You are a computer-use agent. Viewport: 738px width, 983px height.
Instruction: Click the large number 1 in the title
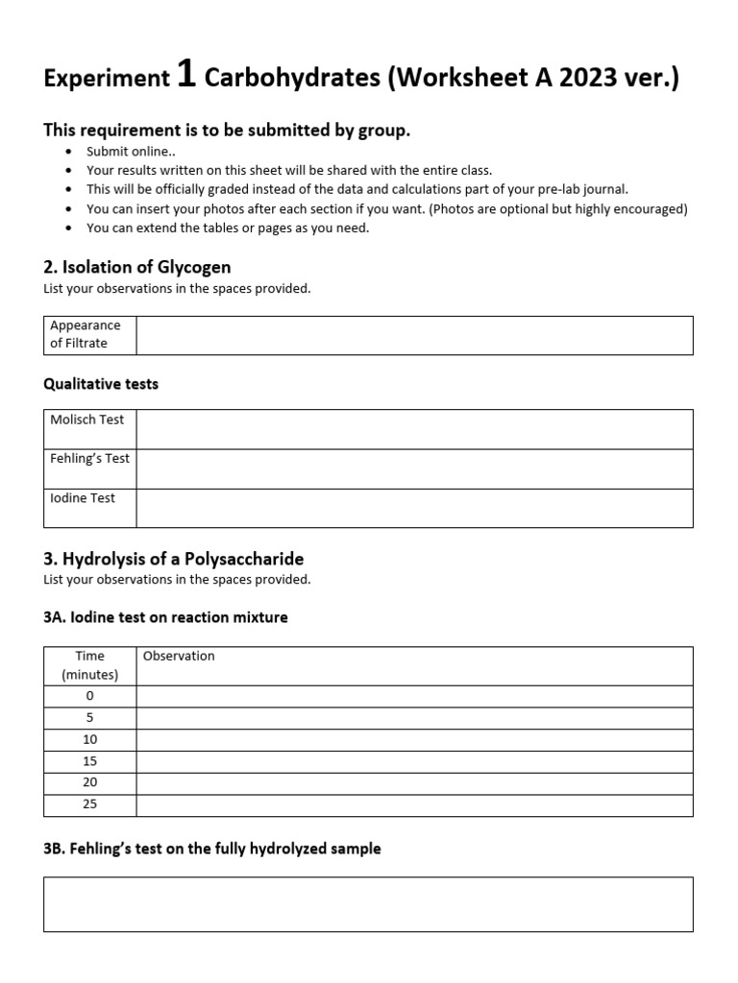coord(186,76)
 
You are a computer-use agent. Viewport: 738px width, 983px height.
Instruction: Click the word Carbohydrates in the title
coord(292,79)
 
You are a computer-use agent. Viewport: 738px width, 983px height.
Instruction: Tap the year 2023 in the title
coord(576,79)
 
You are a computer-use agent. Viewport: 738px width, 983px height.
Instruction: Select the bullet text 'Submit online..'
coord(131,152)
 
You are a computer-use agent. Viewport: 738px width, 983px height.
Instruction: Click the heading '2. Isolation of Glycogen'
coord(137,267)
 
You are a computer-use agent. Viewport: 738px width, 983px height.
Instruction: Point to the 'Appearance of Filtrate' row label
coord(86,334)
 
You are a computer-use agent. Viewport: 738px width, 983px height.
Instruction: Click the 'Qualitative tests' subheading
coord(101,384)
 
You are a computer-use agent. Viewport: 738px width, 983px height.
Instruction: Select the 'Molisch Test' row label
coord(87,420)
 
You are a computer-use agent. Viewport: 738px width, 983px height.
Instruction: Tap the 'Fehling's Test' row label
coord(90,458)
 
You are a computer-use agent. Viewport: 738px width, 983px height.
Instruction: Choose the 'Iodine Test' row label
coord(83,498)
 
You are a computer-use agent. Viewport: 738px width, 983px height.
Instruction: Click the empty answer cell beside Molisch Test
coord(414,429)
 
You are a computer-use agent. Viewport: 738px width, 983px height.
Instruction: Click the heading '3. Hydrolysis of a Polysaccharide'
coord(174,559)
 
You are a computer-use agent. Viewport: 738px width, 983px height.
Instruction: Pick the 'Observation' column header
coord(179,656)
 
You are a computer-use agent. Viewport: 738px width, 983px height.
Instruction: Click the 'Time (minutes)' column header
coord(90,665)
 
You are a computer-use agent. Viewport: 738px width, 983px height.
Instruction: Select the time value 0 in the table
coord(90,696)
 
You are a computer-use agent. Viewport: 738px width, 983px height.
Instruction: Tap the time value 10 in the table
coord(90,739)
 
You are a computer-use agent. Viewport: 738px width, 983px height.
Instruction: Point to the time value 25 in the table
coord(90,804)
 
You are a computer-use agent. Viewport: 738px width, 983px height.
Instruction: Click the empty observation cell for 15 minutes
coord(414,761)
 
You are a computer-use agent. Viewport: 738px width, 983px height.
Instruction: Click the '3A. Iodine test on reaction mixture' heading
coord(165,617)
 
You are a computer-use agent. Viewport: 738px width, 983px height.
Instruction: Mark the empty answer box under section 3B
coord(368,903)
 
